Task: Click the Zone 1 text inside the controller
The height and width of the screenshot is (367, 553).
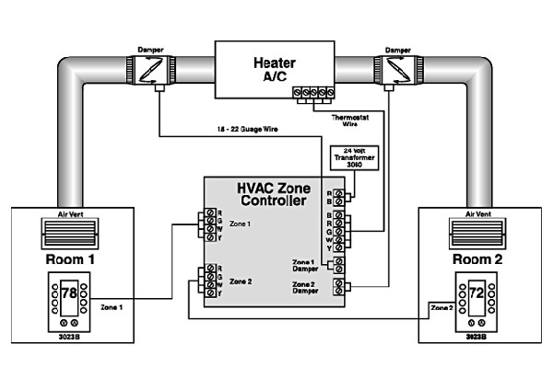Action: (240, 224)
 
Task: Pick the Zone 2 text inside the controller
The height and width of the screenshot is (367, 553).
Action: (240, 281)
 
